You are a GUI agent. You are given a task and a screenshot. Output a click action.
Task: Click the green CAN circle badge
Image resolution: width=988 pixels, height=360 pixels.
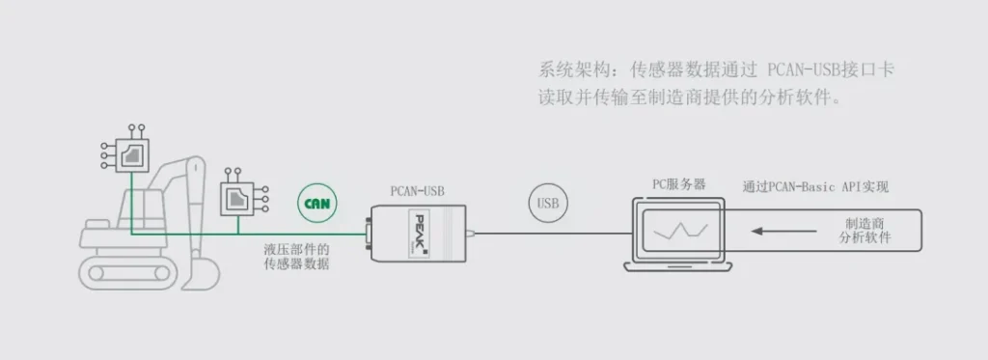(316, 203)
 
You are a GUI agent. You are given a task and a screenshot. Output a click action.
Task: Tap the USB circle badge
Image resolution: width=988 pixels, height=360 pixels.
(548, 203)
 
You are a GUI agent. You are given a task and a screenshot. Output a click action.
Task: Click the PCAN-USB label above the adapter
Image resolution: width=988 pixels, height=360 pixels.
(417, 190)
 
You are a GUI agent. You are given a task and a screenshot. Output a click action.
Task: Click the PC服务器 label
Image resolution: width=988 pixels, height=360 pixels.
(678, 184)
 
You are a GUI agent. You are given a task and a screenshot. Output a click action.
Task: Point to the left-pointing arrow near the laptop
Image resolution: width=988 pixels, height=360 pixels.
(783, 232)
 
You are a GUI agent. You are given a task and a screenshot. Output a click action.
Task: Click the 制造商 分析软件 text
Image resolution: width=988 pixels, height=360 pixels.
(865, 231)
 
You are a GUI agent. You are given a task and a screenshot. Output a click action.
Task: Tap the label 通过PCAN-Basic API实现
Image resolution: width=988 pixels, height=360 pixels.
(815, 186)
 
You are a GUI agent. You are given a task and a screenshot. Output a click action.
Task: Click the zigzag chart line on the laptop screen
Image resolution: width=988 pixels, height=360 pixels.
(680, 231)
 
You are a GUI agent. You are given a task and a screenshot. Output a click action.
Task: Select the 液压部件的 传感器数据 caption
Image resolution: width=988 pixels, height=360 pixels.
(296, 257)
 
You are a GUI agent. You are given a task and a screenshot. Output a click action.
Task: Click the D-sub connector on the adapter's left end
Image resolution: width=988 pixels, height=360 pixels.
(368, 234)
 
